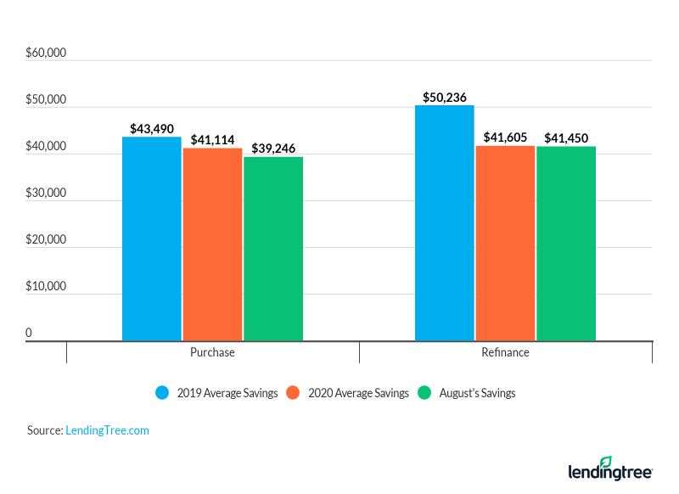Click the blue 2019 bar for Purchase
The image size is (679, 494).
tap(152, 239)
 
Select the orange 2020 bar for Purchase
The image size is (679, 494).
tap(212, 244)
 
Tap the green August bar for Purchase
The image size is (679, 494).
tap(273, 248)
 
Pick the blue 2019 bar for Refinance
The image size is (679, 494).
tap(445, 222)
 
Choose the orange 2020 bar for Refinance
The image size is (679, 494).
tap(505, 243)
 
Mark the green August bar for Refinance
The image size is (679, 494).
tap(566, 244)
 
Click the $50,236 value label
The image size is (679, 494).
tap(445, 97)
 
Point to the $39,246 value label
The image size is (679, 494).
tap(273, 148)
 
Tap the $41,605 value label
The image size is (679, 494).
tap(505, 138)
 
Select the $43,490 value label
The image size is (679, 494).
tap(152, 128)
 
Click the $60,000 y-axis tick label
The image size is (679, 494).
tap(46, 53)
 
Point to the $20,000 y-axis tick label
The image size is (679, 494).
tap(46, 239)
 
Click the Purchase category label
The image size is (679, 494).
tap(212, 352)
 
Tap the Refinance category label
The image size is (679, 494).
tap(505, 352)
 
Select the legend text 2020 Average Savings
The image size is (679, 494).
tap(358, 393)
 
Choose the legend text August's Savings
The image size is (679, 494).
tap(477, 393)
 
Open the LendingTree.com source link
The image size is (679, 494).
tap(107, 430)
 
